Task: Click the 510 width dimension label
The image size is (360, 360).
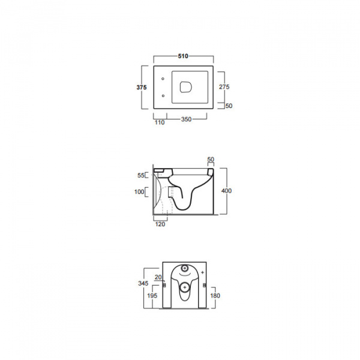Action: coord(183,56)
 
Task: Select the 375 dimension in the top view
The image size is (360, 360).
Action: coord(142,88)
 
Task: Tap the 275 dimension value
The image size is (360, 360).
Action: coord(224,87)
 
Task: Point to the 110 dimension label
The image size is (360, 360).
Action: coord(160,122)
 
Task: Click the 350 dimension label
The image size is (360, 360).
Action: coord(186,119)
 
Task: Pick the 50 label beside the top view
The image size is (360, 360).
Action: coord(229,106)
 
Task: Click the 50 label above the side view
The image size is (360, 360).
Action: coord(211,160)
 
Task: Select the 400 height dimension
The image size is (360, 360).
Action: coord(226,191)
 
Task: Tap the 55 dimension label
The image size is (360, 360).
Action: coord(141,175)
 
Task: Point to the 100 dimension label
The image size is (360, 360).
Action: coord(139,192)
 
